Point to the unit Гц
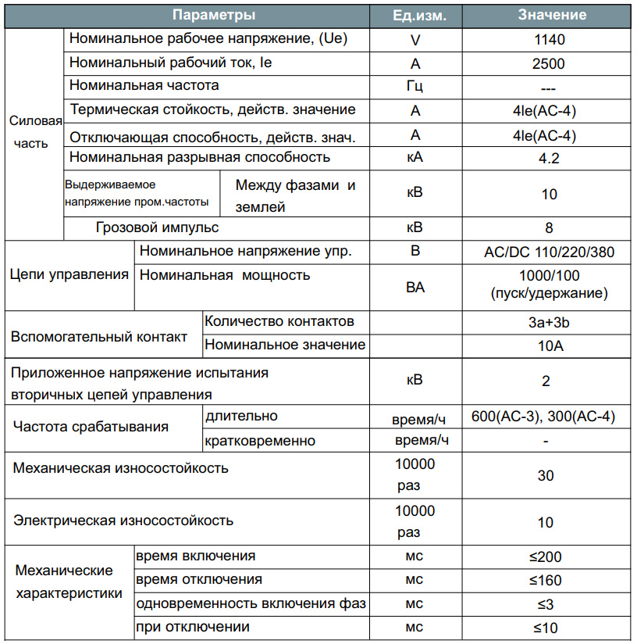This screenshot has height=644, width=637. (x=415, y=87)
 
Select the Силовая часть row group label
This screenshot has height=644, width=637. (x=35, y=132)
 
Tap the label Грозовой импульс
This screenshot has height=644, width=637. (x=157, y=228)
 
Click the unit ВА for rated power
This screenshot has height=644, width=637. (x=415, y=288)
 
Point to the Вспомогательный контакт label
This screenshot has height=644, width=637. (x=99, y=337)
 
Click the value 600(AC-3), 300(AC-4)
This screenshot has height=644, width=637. (x=543, y=417)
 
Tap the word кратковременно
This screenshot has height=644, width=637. (x=260, y=441)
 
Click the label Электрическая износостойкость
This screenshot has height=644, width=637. (x=123, y=521)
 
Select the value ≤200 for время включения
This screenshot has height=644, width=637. (x=546, y=558)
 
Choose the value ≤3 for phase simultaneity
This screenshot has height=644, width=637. (x=546, y=604)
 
